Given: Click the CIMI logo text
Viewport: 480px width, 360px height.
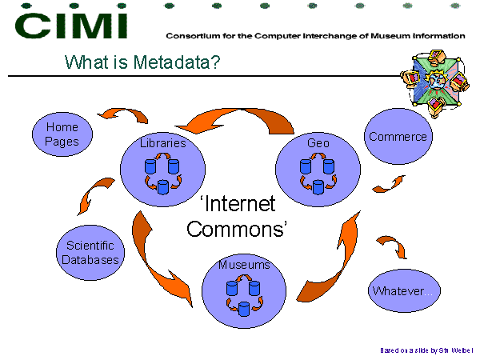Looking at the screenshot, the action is pos(71,26).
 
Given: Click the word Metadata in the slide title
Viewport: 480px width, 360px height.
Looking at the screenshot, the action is pos(173,62).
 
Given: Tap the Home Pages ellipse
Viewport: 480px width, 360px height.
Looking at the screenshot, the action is pos(62,134).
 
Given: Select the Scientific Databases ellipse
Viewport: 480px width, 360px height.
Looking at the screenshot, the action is pos(90,253).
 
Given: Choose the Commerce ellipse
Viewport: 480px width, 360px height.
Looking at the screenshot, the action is pos(398,136).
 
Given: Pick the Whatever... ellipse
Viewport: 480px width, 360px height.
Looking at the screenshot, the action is pos(404,290).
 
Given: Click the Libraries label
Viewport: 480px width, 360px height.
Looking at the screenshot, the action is pos(163,143).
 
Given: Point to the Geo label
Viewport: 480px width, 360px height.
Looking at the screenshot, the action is pos(318,143).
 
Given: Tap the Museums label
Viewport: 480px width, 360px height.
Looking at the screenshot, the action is pos(244,265).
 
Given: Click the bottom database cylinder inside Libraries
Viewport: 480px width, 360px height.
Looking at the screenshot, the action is pos(163,187).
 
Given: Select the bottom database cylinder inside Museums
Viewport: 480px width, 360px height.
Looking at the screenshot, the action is pos(244,309).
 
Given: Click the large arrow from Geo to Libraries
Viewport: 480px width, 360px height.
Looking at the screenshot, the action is pos(242,111).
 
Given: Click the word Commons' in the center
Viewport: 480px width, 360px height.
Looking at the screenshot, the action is pos(237,230).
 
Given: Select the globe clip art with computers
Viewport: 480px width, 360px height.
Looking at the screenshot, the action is pos(434,82).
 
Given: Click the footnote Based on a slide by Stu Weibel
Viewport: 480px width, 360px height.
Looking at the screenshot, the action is pos(426,350).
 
